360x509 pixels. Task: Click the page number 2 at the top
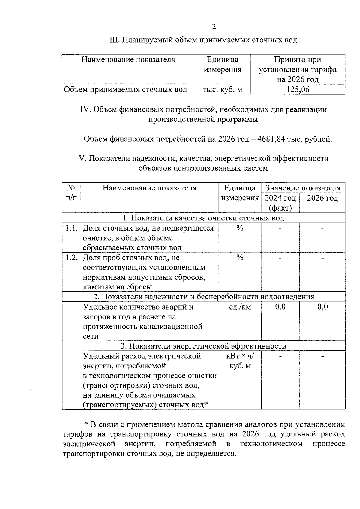214,27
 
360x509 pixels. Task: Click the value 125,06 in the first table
298,89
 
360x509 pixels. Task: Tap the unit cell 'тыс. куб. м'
222,89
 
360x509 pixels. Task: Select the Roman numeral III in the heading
115,40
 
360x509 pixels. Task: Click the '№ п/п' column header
71,193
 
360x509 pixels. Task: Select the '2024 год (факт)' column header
280,202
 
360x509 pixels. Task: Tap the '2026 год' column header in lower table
322,198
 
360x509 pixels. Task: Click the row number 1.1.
71,228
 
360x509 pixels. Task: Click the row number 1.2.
71,258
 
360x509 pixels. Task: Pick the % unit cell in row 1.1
240,228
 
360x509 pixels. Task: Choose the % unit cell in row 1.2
240,258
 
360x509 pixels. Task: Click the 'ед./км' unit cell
240,307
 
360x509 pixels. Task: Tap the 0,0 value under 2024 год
280,307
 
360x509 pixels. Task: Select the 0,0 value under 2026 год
322,307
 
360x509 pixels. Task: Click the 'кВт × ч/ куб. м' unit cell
240,361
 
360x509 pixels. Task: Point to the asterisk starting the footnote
86,424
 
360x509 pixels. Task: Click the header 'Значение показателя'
303,188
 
